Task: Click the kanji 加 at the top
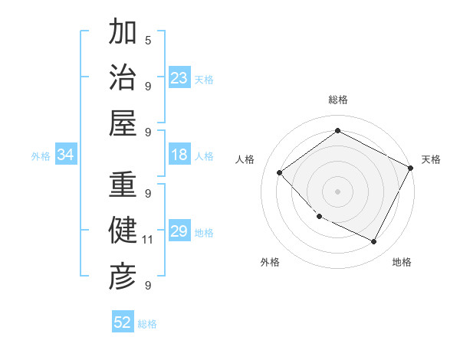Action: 123,33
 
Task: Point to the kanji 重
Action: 123,186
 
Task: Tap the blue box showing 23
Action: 179,78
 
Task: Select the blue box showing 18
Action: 179,155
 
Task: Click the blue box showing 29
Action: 179,232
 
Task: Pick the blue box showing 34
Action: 66,155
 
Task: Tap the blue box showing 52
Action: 123,323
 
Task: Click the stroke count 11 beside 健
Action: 148,240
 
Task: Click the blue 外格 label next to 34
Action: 41,156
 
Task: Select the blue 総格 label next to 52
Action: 147,324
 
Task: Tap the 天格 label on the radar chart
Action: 431,159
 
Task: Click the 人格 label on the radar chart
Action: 245,159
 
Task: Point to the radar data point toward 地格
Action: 374,242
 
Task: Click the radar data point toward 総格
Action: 337,131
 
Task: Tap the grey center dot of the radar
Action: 337,191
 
